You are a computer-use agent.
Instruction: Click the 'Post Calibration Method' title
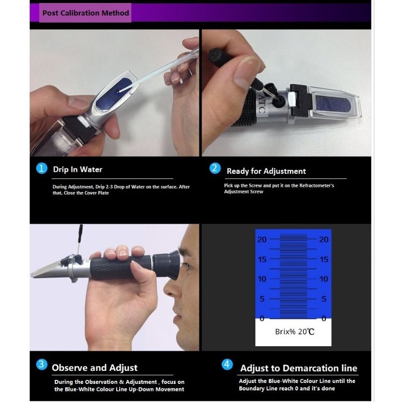pyautogui.click(x=85, y=13)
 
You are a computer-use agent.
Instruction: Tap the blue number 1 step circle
pyautogui.click(x=42, y=168)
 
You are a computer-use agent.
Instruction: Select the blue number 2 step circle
pyautogui.click(x=215, y=168)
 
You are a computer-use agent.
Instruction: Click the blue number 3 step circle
pyautogui.click(x=42, y=364)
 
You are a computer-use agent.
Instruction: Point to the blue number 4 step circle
pyautogui.click(x=227, y=364)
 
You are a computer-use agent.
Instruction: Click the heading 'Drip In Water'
pyautogui.click(x=78, y=169)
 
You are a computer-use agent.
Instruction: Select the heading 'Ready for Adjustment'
pyautogui.click(x=266, y=171)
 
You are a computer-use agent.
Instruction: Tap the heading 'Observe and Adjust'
pyautogui.click(x=94, y=368)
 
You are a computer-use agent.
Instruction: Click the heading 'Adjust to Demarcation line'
pyautogui.click(x=298, y=368)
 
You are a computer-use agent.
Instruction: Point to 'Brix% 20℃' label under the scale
pyautogui.click(x=294, y=332)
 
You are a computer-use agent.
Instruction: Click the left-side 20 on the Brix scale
pyautogui.click(x=262, y=240)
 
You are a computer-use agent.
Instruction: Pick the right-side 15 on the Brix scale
pyautogui.click(x=324, y=259)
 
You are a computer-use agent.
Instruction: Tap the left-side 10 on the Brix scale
pyautogui.click(x=262, y=279)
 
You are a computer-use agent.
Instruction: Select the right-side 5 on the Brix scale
pyautogui.click(x=324, y=298)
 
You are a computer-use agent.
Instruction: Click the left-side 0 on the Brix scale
pyautogui.click(x=262, y=319)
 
